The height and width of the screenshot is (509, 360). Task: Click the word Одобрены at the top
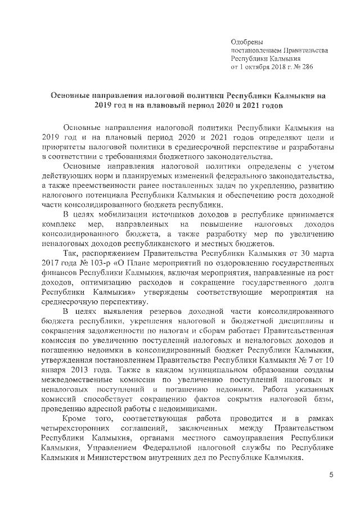(247, 41)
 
